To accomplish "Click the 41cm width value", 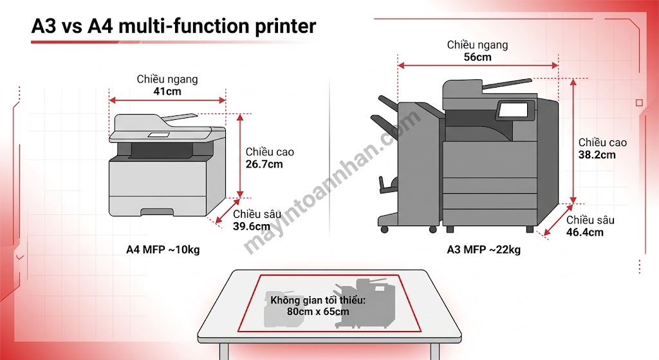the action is point(167,91).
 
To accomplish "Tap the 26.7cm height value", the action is point(264,164).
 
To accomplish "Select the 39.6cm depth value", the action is point(252,226).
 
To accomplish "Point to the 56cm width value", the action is point(478,57).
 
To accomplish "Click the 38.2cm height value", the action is point(597,155).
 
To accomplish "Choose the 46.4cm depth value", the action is point(584,232).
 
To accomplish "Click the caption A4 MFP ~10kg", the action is point(163,249).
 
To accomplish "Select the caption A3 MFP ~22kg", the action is point(484,249).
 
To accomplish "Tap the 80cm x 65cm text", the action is point(318,312).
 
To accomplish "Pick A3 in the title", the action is point(43,26).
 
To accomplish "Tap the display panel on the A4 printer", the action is point(158,135).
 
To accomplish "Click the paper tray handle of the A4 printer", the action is point(157,211).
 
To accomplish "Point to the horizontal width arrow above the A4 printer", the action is point(167,100).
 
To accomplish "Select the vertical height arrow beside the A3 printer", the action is point(573,141).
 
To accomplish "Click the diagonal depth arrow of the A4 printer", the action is point(227,211).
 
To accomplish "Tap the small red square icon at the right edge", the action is point(639,102).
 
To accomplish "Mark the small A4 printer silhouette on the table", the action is point(279,310).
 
